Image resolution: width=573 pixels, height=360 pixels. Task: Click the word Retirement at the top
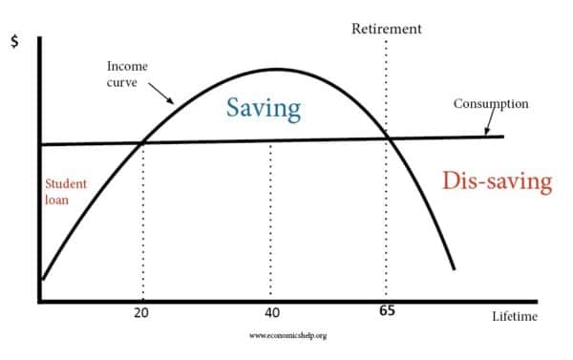[387, 28]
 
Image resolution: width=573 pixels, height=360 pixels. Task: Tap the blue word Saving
[263, 107]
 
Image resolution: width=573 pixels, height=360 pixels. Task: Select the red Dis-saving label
[498, 181]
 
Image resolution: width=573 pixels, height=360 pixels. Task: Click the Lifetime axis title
[515, 316]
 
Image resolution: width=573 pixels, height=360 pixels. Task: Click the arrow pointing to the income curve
[160, 94]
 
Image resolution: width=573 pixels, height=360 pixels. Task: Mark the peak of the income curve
[275, 69]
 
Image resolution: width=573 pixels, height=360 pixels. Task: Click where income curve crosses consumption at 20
[143, 143]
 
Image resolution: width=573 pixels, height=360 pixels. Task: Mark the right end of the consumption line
[502, 137]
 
